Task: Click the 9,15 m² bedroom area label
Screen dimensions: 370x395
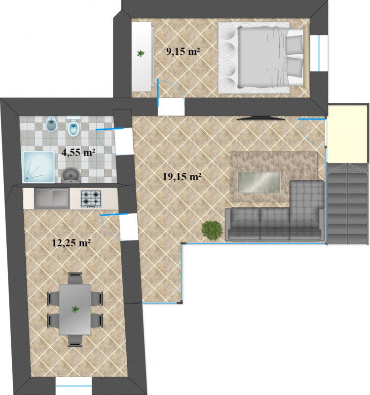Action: [183, 51]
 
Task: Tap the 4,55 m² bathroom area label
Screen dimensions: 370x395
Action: [78, 152]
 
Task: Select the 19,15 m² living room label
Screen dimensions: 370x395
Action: [182, 177]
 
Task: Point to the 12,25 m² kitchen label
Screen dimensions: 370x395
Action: [71, 243]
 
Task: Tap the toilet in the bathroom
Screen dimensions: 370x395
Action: [74, 127]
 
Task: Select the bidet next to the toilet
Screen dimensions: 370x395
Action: [51, 124]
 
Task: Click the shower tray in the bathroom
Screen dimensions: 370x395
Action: [38, 167]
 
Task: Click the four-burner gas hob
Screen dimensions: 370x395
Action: [91, 199]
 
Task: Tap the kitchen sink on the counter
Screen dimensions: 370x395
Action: [52, 199]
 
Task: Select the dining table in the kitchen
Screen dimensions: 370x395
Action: [75, 310]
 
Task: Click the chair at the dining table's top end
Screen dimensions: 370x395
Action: [75, 278]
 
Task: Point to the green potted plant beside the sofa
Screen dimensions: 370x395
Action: [212, 230]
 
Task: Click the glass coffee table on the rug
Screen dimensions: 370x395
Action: [259, 182]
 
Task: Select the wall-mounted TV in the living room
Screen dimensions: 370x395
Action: [261, 118]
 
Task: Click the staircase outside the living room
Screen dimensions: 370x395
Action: [348, 204]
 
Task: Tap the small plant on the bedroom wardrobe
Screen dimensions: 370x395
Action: [141, 53]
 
